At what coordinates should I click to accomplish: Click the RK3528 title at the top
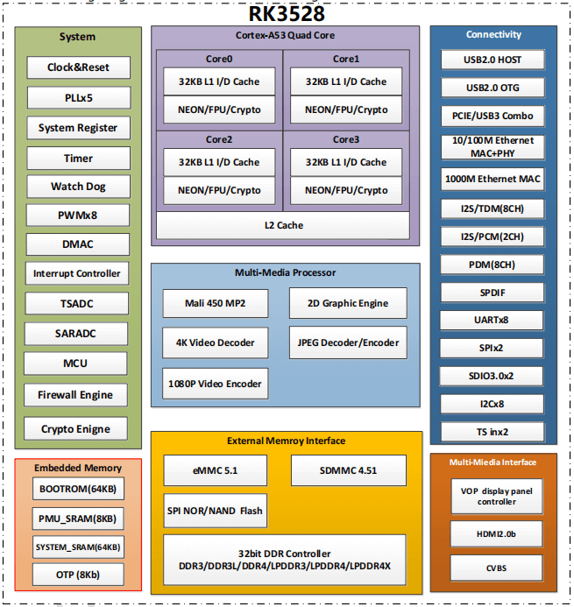(287, 13)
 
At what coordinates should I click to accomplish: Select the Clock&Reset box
(78, 67)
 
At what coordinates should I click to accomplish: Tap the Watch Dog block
(78, 187)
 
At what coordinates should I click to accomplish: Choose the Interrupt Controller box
(77, 273)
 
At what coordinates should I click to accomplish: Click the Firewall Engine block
(75, 395)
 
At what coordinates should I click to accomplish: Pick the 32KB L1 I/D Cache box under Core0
(219, 81)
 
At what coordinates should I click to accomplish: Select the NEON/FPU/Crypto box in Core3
(346, 190)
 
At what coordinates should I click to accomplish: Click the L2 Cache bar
(283, 225)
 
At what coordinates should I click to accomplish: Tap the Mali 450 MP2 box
(216, 303)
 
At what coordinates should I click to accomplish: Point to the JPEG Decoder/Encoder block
(348, 342)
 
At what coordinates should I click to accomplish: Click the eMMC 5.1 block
(216, 470)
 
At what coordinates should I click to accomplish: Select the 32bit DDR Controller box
(284, 560)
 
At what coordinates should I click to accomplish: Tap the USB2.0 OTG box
(493, 88)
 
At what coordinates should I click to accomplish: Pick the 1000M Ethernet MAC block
(493, 179)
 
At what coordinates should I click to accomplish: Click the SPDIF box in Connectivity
(493, 293)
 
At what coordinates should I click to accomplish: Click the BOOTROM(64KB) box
(77, 489)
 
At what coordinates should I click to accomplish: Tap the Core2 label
(219, 139)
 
